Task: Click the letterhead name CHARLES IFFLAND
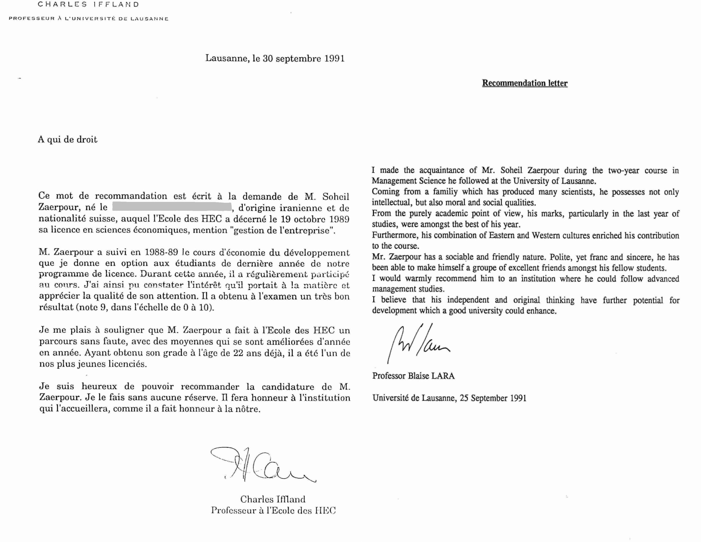pos(88,4)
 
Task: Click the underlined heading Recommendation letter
pos(525,83)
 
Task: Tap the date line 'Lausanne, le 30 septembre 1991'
pos(275,59)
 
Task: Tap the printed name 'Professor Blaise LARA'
pos(413,376)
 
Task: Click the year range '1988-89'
pos(161,252)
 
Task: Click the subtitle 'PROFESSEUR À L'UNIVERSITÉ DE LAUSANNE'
pos(89,19)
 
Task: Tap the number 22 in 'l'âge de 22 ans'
pos(238,353)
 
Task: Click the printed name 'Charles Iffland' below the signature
pos(273,499)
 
